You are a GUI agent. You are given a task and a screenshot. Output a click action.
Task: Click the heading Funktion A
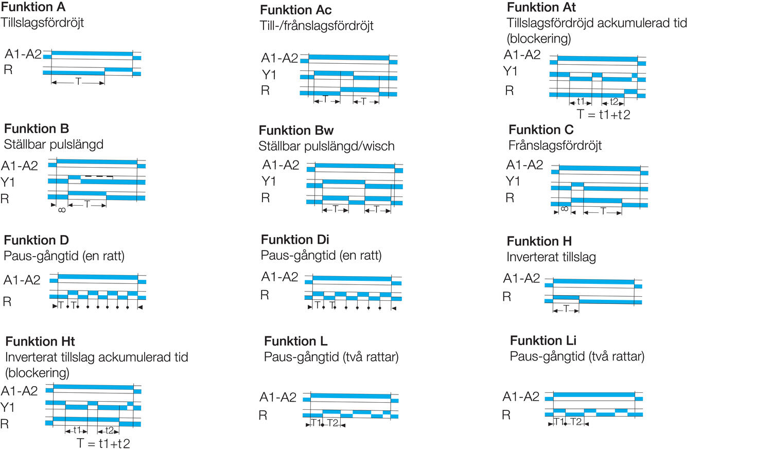[x=33, y=7]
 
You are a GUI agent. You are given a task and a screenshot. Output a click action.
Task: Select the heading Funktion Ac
[x=295, y=10]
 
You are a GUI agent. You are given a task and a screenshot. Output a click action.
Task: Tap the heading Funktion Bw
[x=296, y=131]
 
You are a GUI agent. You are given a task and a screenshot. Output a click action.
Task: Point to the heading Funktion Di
[x=295, y=240]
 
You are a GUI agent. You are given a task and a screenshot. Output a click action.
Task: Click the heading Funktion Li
[x=543, y=341]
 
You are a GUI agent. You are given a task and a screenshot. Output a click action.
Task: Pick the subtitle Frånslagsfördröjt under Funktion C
[x=555, y=146]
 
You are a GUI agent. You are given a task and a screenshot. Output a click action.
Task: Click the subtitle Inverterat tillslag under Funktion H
[x=551, y=257]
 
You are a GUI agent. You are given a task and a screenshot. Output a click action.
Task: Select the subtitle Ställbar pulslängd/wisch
[x=326, y=147]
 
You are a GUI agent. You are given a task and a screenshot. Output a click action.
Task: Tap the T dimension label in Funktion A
[x=78, y=82]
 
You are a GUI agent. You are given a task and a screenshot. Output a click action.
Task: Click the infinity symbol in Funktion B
[x=62, y=210]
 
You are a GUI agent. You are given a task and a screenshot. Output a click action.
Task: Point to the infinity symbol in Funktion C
[x=565, y=209]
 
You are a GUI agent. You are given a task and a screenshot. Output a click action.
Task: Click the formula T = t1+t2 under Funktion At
[x=603, y=115]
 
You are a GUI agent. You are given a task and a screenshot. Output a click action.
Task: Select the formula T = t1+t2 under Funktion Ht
[x=103, y=443]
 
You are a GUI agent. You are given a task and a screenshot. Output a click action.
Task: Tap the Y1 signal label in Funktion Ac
[x=269, y=75]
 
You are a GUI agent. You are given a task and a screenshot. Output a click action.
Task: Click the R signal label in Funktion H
[x=507, y=297]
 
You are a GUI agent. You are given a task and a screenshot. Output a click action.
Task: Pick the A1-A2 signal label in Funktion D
[x=22, y=280]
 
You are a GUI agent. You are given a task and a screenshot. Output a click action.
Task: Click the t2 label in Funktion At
[x=614, y=102]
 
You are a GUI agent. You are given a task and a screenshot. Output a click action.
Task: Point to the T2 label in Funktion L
[x=332, y=423]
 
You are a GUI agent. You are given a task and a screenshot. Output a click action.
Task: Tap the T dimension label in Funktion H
[x=566, y=309]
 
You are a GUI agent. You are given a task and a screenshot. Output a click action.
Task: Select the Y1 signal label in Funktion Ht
[x=7, y=408]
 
